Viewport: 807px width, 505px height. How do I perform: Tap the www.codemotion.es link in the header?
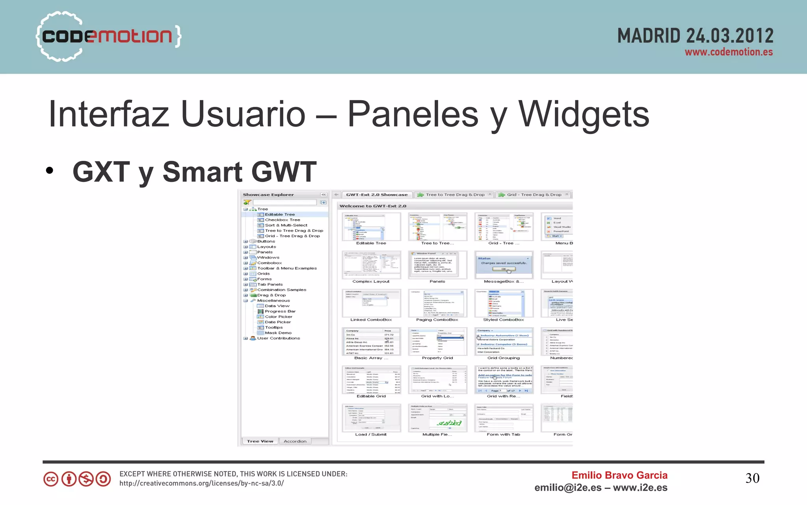click(x=728, y=52)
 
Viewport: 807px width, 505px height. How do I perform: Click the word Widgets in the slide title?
click(x=584, y=114)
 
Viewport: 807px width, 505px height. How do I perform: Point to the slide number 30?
click(x=752, y=478)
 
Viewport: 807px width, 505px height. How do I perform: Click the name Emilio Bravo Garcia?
click(x=619, y=475)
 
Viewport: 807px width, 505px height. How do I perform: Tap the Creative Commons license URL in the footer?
click(x=201, y=483)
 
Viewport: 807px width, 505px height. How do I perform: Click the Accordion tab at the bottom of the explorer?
click(x=295, y=441)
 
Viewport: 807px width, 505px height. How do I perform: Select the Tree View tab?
click(x=260, y=441)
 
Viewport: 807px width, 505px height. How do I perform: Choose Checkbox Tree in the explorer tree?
click(x=282, y=220)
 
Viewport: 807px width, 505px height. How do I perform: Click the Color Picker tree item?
click(x=278, y=317)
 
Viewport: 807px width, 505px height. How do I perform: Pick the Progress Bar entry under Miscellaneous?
click(x=280, y=311)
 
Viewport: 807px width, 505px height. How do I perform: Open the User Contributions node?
click(x=278, y=338)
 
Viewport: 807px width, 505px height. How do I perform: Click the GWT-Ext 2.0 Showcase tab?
click(x=377, y=195)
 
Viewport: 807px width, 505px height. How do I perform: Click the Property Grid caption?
click(x=437, y=358)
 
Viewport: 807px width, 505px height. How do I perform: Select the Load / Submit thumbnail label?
click(x=370, y=434)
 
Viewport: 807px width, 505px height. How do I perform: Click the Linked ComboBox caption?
click(x=371, y=320)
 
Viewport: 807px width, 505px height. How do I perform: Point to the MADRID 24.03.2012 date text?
click(x=695, y=36)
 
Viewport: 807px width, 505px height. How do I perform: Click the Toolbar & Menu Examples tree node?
click(x=286, y=268)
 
